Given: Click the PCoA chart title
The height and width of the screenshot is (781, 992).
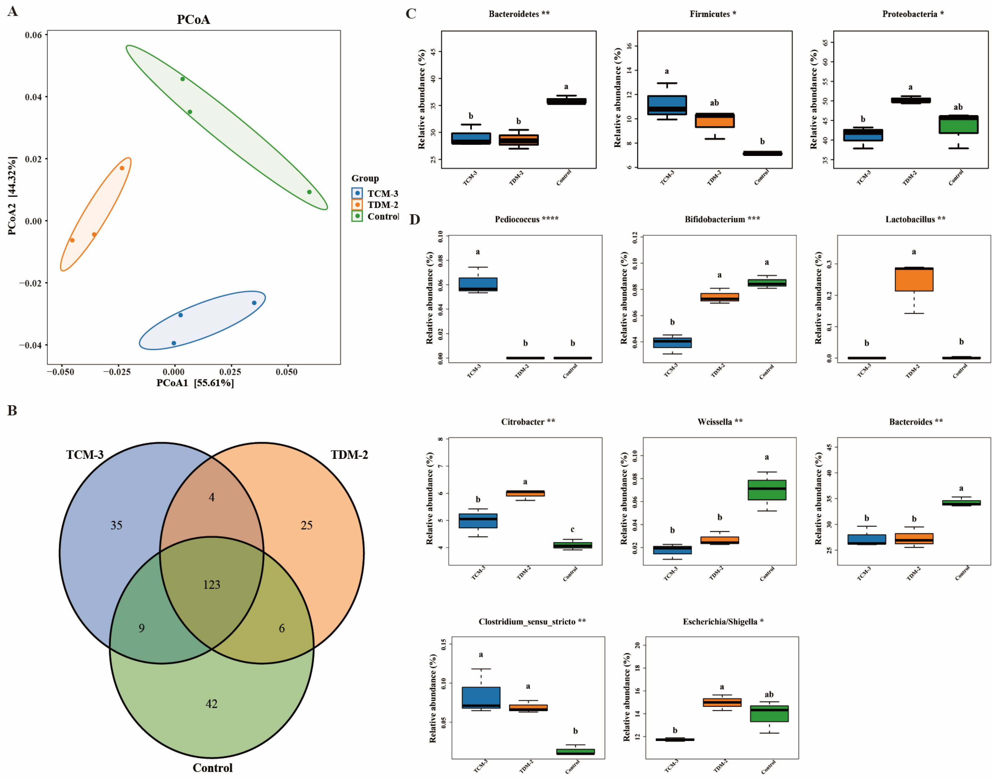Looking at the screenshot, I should click(x=193, y=20).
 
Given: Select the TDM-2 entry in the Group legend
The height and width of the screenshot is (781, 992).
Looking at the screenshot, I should click(x=382, y=205).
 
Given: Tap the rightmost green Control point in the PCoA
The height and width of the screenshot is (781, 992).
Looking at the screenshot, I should click(x=309, y=192).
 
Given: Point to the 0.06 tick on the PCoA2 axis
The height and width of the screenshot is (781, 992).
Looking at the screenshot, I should click(x=34, y=35).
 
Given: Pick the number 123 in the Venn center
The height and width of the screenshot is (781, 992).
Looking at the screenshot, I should click(x=211, y=585).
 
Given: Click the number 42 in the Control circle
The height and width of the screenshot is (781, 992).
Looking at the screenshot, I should click(x=211, y=704).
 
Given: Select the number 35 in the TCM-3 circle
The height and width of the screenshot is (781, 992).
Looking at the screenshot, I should click(x=116, y=526).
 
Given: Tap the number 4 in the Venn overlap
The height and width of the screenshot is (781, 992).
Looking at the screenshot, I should click(x=211, y=497).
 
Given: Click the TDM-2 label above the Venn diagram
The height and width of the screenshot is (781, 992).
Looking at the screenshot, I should click(x=349, y=455).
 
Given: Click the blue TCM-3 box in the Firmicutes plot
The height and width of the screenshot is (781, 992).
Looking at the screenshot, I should click(x=667, y=105).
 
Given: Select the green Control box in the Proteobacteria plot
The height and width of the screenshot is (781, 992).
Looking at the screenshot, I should click(x=958, y=124).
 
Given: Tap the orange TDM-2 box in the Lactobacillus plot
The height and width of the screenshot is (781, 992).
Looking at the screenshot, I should click(x=914, y=279).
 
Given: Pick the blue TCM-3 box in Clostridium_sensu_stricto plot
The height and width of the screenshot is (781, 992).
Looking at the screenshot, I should click(x=481, y=697).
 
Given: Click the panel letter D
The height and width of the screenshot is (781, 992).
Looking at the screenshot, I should click(x=414, y=220).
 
